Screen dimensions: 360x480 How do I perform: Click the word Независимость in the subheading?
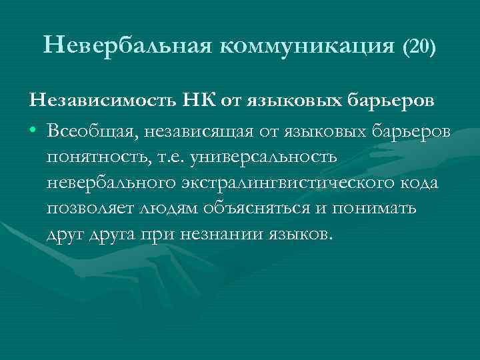pos(98,101)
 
